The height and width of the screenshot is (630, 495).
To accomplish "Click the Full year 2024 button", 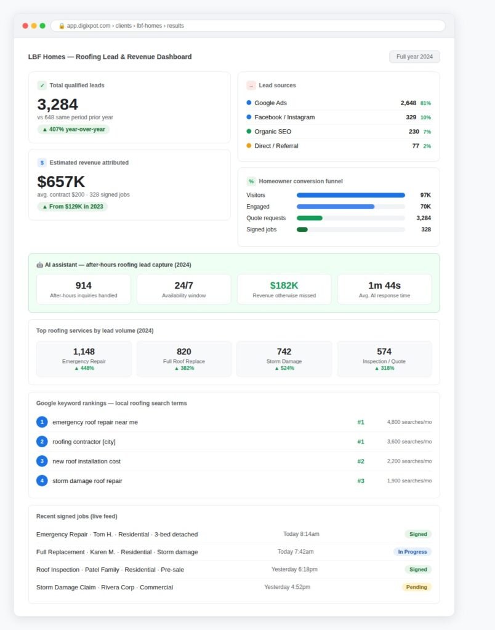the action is point(414,57).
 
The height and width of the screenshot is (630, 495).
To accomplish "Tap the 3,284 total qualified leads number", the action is point(57,105).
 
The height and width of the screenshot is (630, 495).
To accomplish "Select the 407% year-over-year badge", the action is point(73,129).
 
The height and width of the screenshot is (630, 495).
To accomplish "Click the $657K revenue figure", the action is point(61,181).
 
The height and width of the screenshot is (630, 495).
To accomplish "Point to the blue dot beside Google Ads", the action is point(249,103).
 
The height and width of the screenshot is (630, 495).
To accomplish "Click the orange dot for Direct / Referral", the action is point(249,145).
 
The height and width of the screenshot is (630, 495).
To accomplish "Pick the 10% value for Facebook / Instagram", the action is point(425,118).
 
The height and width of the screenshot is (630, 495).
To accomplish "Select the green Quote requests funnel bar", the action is point(310,218).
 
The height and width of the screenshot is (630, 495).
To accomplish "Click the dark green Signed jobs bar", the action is point(302,229).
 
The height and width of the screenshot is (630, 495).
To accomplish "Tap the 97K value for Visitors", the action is point(425,195).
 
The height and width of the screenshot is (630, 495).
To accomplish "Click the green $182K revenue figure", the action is point(284,285).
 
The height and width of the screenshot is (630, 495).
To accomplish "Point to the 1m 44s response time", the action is point(384,285).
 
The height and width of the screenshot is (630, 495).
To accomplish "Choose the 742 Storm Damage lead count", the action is point(284,351).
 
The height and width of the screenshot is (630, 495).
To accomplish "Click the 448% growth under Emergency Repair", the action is point(84,368).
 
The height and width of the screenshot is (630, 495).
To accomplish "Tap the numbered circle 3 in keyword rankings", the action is point(42,461).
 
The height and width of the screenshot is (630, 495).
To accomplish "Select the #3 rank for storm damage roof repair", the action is point(361,481).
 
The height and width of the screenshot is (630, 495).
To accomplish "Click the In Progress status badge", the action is point(412,552).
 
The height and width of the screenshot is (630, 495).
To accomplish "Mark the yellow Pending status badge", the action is point(417,587).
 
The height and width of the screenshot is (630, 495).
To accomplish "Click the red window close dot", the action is point(25,26).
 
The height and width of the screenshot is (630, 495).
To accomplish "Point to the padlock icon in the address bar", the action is point(62,26).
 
